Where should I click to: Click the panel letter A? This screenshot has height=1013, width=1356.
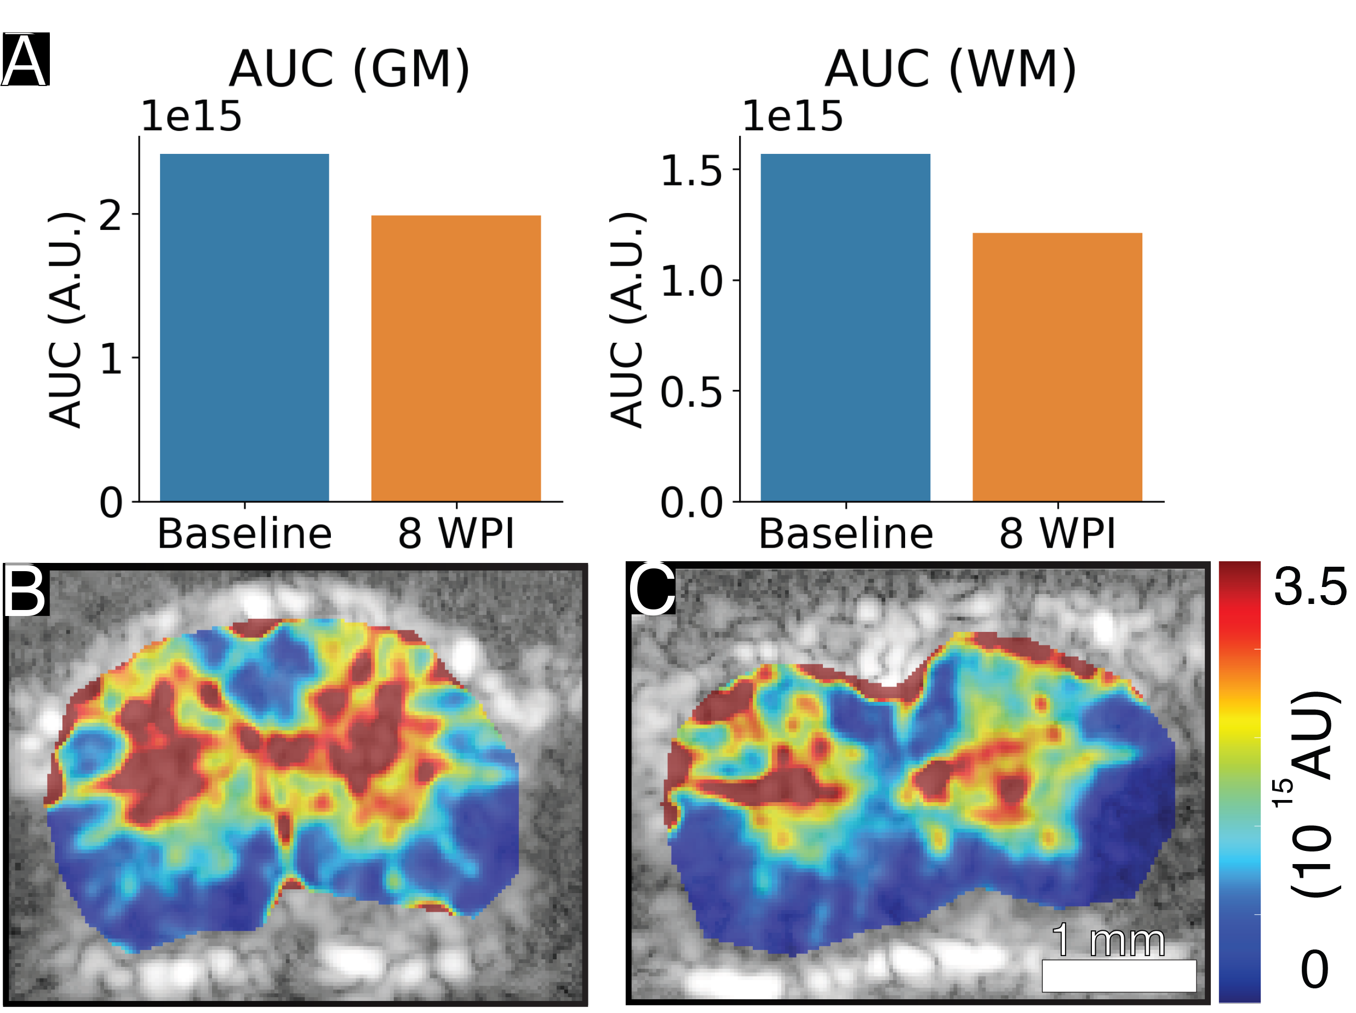(x=25, y=60)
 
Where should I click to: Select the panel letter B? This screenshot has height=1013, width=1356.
(x=25, y=591)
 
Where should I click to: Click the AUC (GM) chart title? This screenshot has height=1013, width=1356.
(x=350, y=68)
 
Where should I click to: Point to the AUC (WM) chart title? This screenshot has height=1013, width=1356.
(x=951, y=68)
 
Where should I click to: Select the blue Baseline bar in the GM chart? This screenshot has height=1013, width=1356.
(x=244, y=328)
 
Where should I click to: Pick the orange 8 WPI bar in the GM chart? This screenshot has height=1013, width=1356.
(x=456, y=359)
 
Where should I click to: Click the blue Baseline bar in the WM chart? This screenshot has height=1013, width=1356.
(x=845, y=328)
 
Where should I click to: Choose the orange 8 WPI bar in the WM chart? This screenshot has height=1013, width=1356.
(x=1057, y=368)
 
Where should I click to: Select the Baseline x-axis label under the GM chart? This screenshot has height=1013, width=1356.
(x=244, y=533)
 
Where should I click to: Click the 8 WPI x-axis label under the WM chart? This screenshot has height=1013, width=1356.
(x=1057, y=533)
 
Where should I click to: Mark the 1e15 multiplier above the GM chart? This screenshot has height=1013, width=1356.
(x=191, y=117)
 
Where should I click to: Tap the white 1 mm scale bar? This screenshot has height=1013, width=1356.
(x=1119, y=975)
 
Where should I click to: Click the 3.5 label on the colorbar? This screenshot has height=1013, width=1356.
(x=1310, y=586)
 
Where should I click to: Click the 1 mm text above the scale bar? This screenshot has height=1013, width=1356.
(x=1108, y=941)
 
